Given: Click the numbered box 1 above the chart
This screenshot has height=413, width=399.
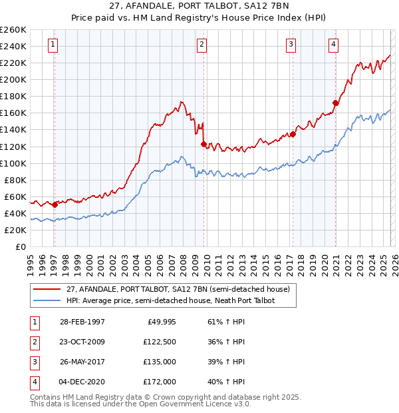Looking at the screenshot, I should pyautogui.click(x=53, y=45).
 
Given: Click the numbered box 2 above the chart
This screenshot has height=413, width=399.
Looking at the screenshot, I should pyautogui.click(x=201, y=45).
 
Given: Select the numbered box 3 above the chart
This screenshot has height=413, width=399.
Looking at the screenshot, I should pyautogui.click(x=291, y=45).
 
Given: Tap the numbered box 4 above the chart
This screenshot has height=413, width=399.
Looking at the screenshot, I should pyautogui.click(x=333, y=45).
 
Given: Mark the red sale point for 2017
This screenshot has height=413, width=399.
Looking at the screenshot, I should pyautogui.click(x=293, y=134).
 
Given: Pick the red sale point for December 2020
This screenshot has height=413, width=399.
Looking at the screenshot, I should pyautogui.click(x=335, y=103).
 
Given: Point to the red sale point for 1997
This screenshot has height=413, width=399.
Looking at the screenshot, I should pyautogui.click(x=55, y=205).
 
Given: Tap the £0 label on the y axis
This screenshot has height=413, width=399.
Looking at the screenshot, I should pyautogui.click(x=20, y=246).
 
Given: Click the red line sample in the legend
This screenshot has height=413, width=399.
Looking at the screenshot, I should pyautogui.click(x=47, y=290).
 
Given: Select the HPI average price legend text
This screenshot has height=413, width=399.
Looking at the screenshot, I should pyautogui.click(x=170, y=301).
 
